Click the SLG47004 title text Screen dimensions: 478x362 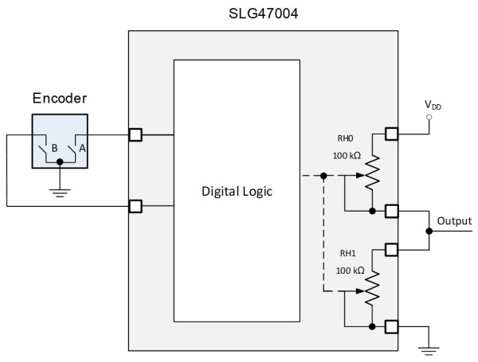click(x=263, y=14)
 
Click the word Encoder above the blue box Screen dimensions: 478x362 click(x=60, y=99)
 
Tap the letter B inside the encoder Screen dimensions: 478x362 click(x=54, y=148)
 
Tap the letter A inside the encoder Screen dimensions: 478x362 click(x=82, y=148)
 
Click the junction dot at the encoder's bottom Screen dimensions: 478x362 click(x=60, y=162)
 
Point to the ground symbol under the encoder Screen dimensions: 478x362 click(x=60, y=193)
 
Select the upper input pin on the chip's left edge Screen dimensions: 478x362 click(x=135, y=134)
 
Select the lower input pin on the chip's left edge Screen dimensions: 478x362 click(x=135, y=206)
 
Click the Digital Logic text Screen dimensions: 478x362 click(x=237, y=192)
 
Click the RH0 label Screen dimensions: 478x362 click(x=345, y=138)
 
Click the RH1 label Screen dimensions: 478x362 click(x=348, y=253)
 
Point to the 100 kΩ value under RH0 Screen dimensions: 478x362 click(x=347, y=156)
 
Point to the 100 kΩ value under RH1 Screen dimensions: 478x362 click(x=350, y=271)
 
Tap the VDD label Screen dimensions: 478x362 click(x=433, y=105)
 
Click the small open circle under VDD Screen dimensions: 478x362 click(x=429, y=117)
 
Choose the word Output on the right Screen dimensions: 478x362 click(x=454, y=221)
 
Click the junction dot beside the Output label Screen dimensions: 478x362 click(x=429, y=231)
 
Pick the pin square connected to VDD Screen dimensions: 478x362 click(x=392, y=134)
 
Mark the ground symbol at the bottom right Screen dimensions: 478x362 click(x=429, y=351)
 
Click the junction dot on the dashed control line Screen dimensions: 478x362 click(x=323, y=176)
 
